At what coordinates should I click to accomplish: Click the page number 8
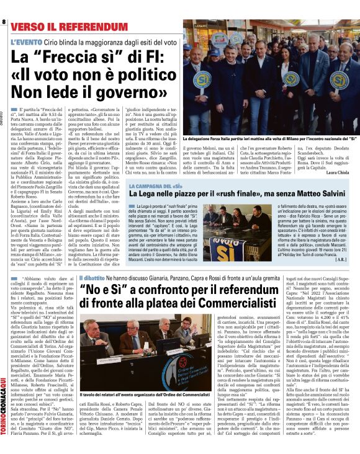pyautogui.click(x=4, y=22)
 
